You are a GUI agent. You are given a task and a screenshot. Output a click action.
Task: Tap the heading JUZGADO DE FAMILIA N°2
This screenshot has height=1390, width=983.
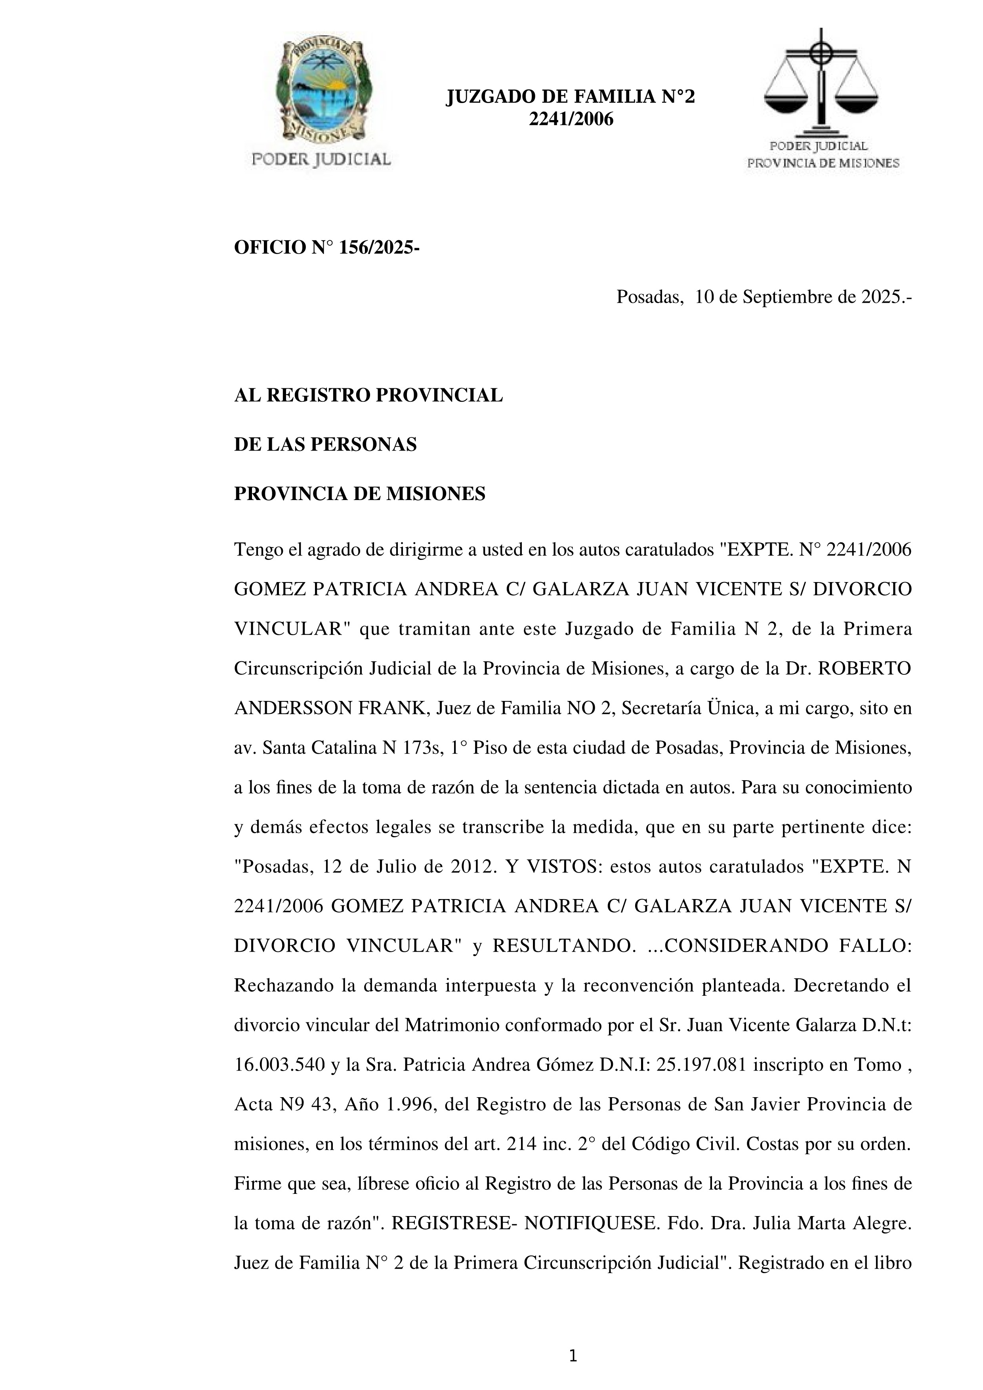click(x=570, y=97)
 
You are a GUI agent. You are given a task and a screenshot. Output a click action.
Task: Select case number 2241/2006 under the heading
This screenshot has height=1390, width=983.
click(x=571, y=119)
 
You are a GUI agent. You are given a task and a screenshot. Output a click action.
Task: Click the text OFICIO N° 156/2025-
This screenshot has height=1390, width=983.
click(x=327, y=248)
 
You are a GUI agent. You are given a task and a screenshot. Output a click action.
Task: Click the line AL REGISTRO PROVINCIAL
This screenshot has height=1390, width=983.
click(x=368, y=395)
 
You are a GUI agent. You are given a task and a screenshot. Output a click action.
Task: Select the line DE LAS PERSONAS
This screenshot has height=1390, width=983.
click(x=325, y=445)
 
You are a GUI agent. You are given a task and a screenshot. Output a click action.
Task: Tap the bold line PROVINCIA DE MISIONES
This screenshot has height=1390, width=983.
click(x=359, y=494)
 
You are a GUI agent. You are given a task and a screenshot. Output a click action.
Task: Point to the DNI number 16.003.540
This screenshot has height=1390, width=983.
click(x=280, y=1065)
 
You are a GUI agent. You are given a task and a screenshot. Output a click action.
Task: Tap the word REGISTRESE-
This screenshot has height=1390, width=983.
click(x=454, y=1224)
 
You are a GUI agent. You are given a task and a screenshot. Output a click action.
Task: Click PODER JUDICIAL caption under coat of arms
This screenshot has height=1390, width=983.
click(x=321, y=159)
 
